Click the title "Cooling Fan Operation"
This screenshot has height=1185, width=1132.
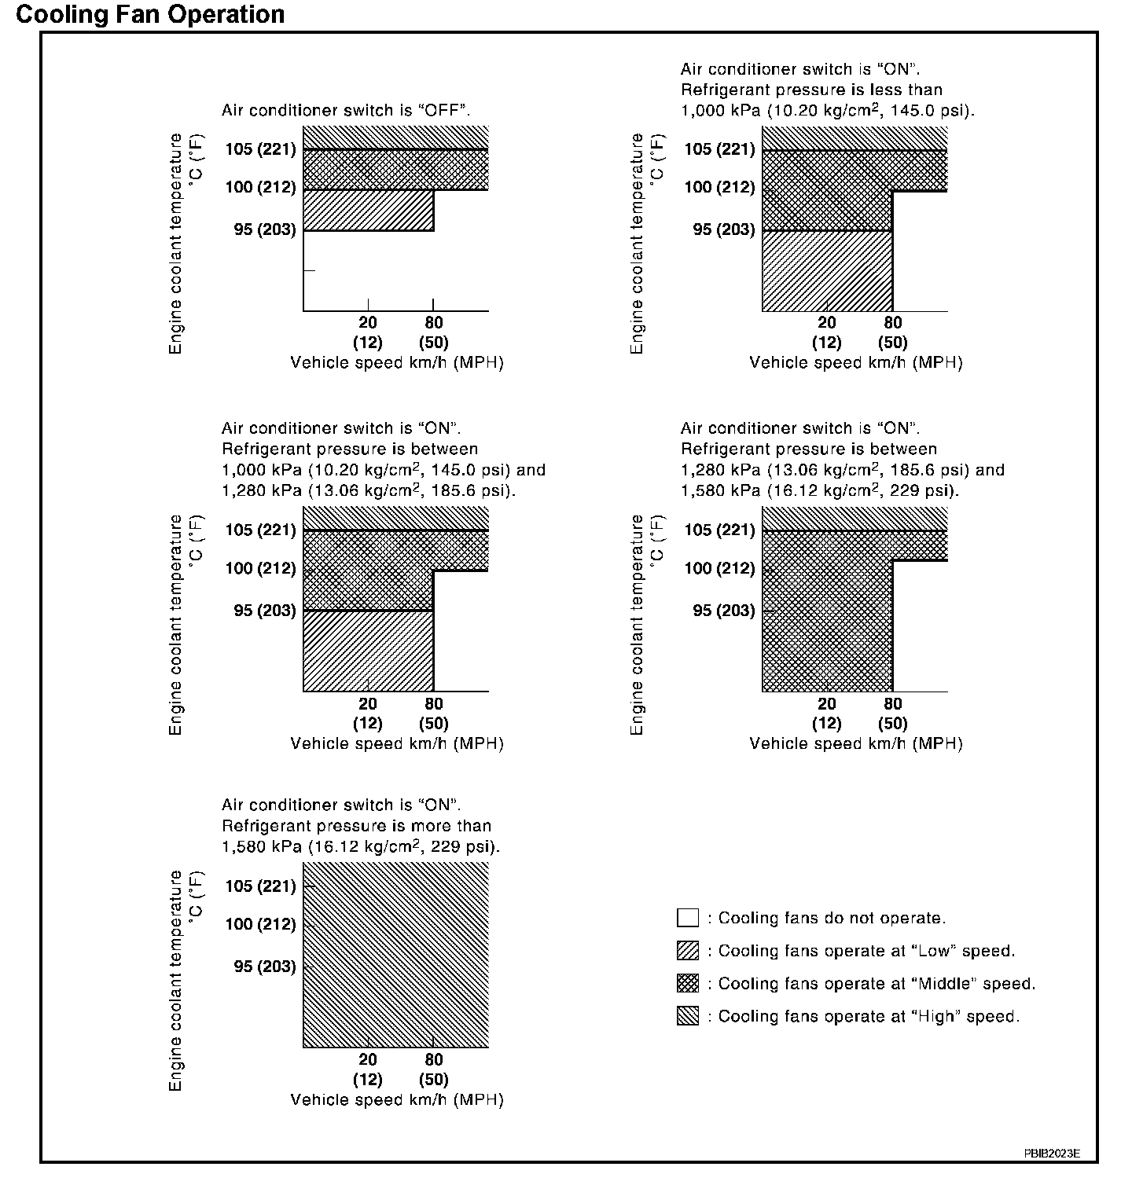(x=150, y=14)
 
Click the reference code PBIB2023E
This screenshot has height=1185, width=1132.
(x=1051, y=1153)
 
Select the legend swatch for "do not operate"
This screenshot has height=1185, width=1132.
(x=687, y=918)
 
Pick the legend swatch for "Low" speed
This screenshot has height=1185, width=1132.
(x=687, y=951)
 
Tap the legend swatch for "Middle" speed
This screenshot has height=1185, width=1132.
(x=687, y=984)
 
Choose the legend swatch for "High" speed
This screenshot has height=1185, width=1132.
(x=687, y=1016)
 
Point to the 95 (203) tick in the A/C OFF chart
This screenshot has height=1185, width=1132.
(x=264, y=229)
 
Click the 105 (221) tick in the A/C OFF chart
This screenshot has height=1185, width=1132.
(x=259, y=149)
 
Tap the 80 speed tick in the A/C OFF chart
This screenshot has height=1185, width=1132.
(x=433, y=322)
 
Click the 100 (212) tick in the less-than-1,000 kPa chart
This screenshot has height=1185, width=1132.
(x=719, y=187)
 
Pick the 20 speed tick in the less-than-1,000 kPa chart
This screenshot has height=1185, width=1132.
(x=827, y=322)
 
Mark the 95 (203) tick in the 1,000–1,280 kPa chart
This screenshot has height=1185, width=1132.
(x=264, y=611)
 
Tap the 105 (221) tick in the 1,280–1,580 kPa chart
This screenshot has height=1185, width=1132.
(x=719, y=530)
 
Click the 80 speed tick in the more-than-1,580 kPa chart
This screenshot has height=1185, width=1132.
(x=433, y=1059)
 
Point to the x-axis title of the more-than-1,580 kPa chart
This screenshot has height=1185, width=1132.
(x=397, y=1099)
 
